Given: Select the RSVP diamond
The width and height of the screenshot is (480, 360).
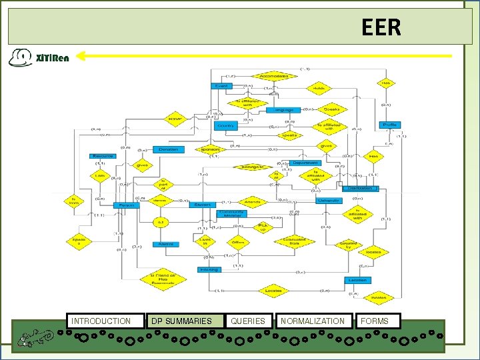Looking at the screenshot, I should [175, 119].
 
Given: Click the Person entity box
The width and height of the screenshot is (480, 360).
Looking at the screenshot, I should [125, 205].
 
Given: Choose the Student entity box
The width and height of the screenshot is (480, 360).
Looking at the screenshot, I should [202, 205].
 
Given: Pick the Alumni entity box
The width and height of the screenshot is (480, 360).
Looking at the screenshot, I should [165, 244].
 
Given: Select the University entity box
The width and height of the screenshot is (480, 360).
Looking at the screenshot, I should [329, 200].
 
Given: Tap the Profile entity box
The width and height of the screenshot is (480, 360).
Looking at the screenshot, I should [390, 125].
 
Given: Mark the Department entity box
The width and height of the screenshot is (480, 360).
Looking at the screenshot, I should [305, 163].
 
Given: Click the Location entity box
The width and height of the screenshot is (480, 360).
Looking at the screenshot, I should [357, 280].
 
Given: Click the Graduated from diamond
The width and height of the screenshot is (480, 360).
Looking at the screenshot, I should [294, 242].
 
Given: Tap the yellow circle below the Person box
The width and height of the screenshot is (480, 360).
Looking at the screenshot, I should [160, 222].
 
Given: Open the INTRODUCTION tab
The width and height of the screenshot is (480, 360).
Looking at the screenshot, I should [105, 321].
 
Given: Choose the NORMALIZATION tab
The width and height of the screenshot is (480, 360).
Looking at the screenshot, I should [313, 321].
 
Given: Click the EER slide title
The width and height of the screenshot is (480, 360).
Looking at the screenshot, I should [381, 27].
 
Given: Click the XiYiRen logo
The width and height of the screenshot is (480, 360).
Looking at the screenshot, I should [40, 57].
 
